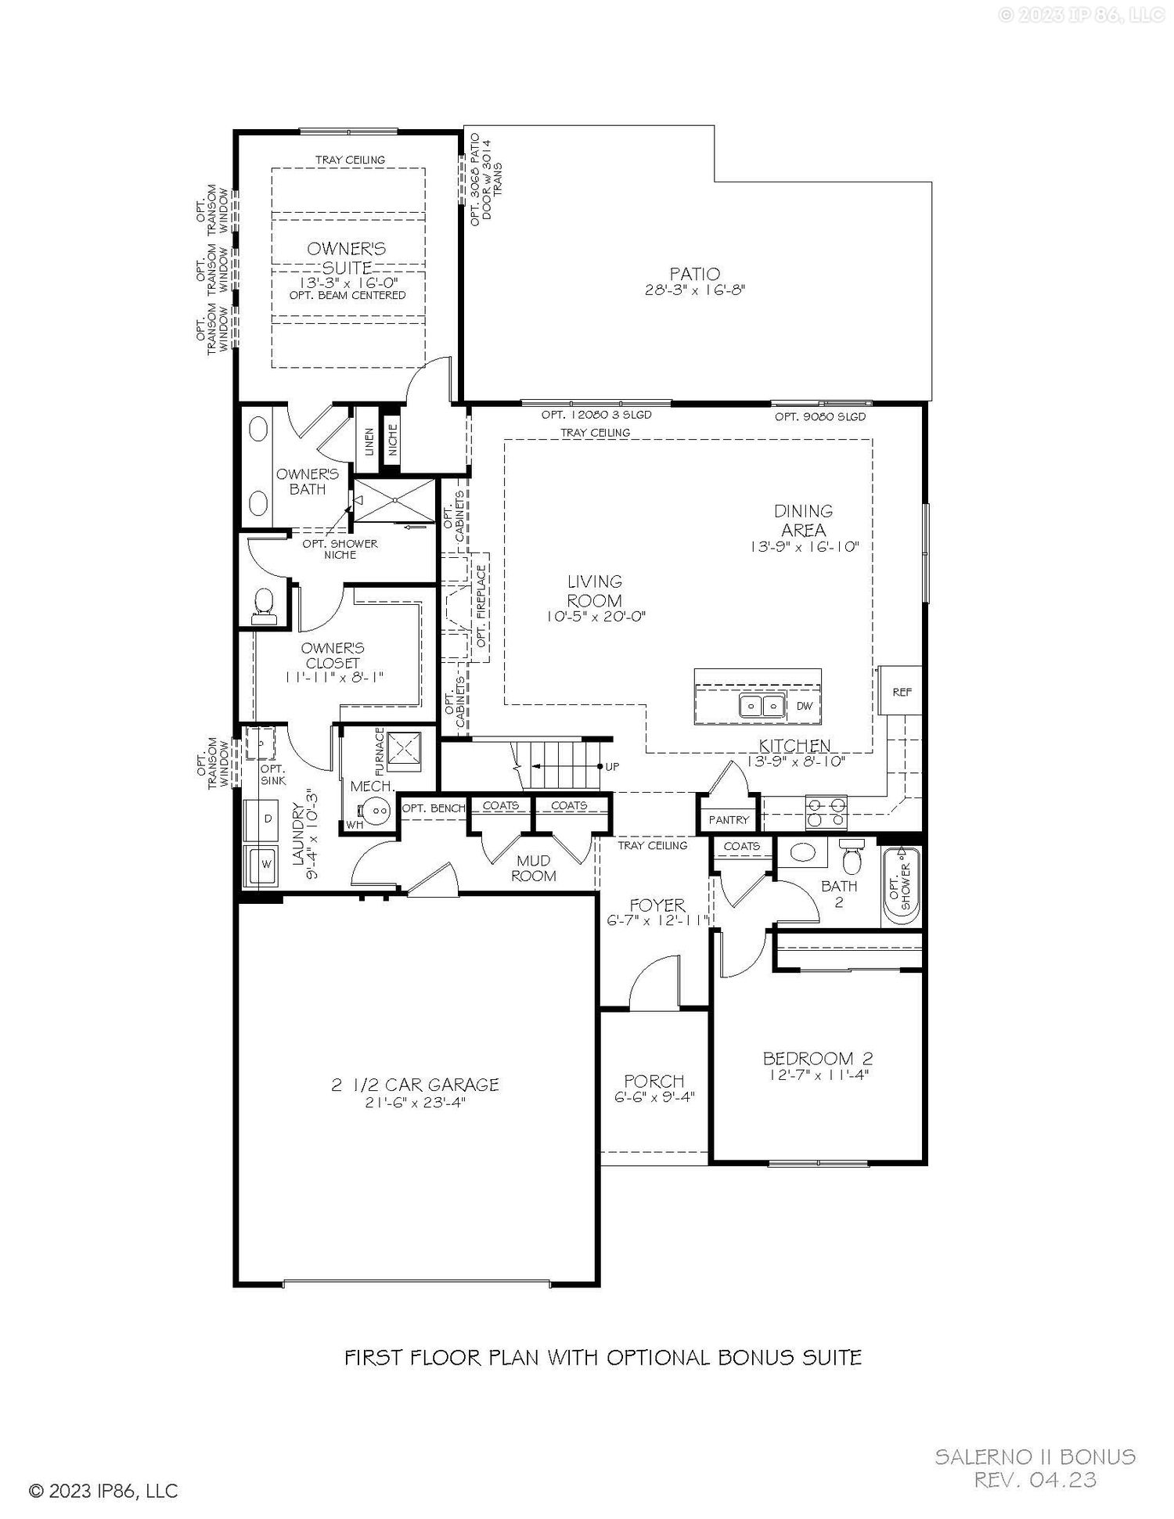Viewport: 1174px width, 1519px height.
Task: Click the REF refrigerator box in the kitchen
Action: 901,690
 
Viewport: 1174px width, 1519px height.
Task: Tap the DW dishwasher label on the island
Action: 804,706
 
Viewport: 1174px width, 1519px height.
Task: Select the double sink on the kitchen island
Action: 762,706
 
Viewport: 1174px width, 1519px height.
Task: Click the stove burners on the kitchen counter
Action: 827,812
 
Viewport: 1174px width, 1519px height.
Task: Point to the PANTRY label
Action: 729,819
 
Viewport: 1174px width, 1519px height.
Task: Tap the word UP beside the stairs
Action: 612,766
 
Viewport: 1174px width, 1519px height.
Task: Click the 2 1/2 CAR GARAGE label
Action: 415,1084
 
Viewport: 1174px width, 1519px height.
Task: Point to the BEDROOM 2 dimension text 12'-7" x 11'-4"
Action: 817,1074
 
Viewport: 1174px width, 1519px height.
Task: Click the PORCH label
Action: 654,1081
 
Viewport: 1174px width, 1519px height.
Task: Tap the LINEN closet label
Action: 369,442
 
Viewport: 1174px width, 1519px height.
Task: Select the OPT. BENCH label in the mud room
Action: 434,808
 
